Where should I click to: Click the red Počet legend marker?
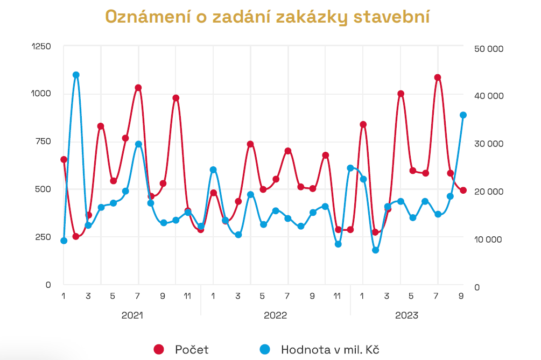pyautogui.click(x=159, y=349)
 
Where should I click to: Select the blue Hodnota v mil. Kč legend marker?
pyautogui.click(x=264, y=349)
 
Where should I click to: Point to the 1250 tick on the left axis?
pyautogui.click(x=41, y=46)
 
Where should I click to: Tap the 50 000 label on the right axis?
pyautogui.click(x=488, y=48)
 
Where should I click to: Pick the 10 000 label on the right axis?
pyautogui.click(x=488, y=239)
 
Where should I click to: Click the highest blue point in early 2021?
pyautogui.click(x=76, y=75)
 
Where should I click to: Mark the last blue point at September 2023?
pyautogui.click(x=463, y=115)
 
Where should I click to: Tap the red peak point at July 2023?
pyautogui.click(x=438, y=77)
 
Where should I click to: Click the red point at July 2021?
pyautogui.click(x=138, y=88)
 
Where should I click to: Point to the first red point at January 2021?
pyautogui.click(x=64, y=159)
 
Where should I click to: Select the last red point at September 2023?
pyautogui.click(x=463, y=190)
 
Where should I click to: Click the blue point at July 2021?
pyautogui.click(x=138, y=144)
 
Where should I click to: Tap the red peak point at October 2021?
pyautogui.click(x=175, y=98)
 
